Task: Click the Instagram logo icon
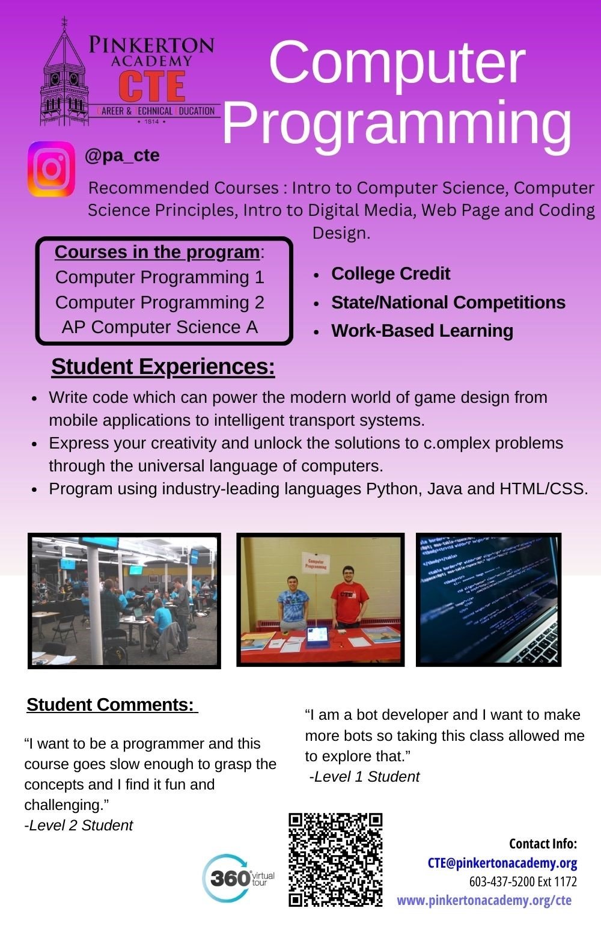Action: (52, 169)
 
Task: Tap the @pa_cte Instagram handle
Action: (122, 156)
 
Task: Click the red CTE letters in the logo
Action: (151, 86)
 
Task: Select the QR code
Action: (335, 860)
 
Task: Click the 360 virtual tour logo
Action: (239, 878)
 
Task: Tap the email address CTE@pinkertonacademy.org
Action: (502, 863)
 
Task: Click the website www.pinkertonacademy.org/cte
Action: (484, 900)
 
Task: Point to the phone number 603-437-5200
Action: (501, 881)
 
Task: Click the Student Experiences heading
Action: (163, 367)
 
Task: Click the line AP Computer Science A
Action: (160, 327)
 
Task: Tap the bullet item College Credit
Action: (391, 274)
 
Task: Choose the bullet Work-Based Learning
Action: (422, 331)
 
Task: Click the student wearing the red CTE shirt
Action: (349, 596)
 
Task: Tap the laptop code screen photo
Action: (488, 599)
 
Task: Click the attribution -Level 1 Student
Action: (364, 777)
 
